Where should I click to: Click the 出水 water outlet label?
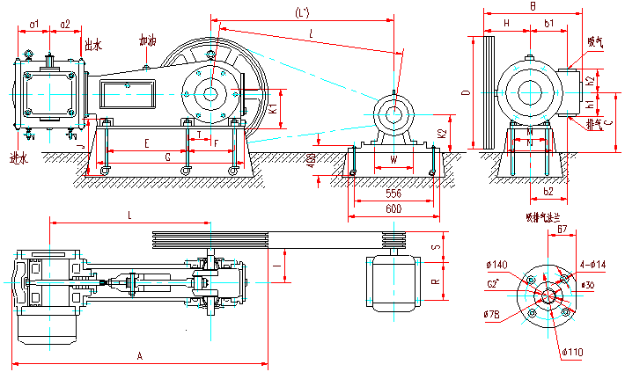point(93,42)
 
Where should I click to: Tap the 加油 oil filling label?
point(147,40)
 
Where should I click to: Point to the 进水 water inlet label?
point(18,158)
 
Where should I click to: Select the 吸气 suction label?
point(595,40)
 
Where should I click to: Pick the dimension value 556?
point(393,192)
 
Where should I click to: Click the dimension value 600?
point(393,208)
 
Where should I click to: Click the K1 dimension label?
point(274,110)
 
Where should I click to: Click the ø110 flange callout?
point(573,353)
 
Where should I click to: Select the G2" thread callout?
point(495,284)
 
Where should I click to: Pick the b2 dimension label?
point(548,191)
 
